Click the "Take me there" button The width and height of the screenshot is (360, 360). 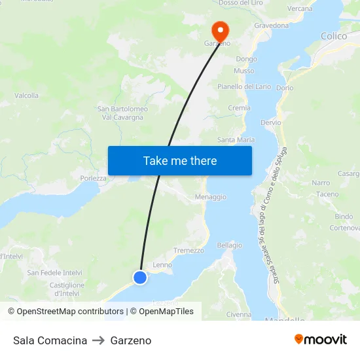[x=179, y=160]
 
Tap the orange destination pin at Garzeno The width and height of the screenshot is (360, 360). [x=219, y=30]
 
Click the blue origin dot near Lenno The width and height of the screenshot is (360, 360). [x=139, y=278]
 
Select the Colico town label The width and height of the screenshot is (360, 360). [x=334, y=36]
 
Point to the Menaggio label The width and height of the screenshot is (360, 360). [x=210, y=196]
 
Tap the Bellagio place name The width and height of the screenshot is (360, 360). [x=229, y=245]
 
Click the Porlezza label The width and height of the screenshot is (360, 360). [x=93, y=177]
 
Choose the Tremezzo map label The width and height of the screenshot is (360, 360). [x=189, y=250]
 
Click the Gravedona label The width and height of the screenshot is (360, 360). [x=271, y=26]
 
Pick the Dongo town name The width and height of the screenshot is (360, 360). [x=246, y=59]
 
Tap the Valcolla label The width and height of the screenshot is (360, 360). [x=26, y=96]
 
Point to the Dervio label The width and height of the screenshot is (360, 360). [x=270, y=122]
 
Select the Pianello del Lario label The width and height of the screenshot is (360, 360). [x=244, y=86]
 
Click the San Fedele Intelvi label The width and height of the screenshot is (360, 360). [x=54, y=272]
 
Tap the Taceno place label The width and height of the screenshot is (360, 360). [x=327, y=194]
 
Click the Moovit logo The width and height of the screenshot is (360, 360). [x=320, y=340]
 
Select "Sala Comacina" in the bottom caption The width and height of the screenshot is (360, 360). [x=50, y=340]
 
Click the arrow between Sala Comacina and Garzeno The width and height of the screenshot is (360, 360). [x=99, y=340]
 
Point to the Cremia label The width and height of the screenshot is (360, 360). [x=239, y=108]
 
